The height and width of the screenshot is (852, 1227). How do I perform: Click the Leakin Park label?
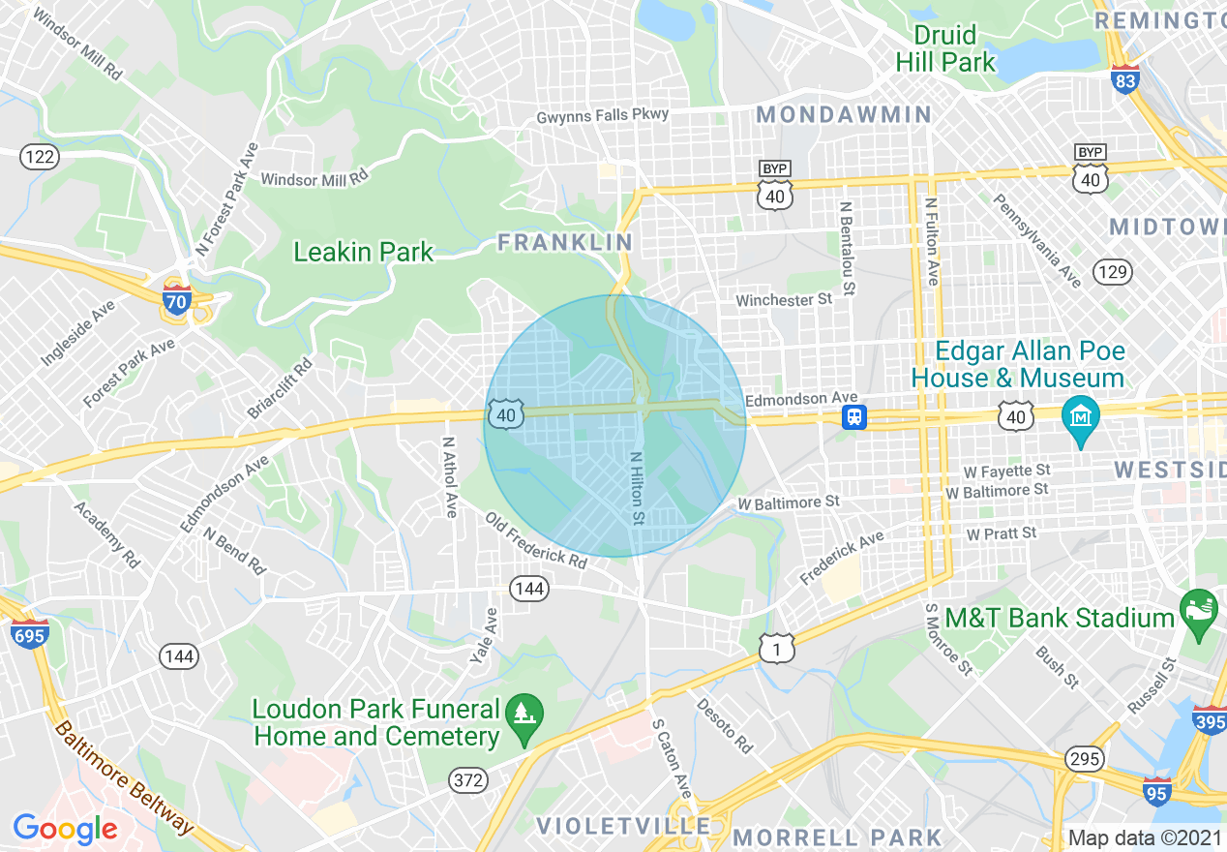[x=363, y=253]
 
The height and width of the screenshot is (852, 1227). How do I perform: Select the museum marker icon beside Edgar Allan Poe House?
[x=1081, y=417]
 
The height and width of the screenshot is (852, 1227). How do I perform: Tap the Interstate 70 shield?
[x=177, y=296]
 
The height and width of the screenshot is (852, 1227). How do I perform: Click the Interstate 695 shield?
[x=27, y=634]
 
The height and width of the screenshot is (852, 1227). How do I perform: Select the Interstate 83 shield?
[x=1125, y=80]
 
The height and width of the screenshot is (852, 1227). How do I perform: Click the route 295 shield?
[x=1084, y=758]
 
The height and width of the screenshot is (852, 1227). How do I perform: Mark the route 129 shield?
[x=1113, y=272]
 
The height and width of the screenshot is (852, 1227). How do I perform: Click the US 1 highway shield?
[x=776, y=648]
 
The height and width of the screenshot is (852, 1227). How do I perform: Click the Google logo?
[x=65, y=828]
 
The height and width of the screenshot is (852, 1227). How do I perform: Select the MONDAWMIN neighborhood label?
[x=843, y=115]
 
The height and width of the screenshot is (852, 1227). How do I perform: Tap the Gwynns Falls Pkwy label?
[x=603, y=115]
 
